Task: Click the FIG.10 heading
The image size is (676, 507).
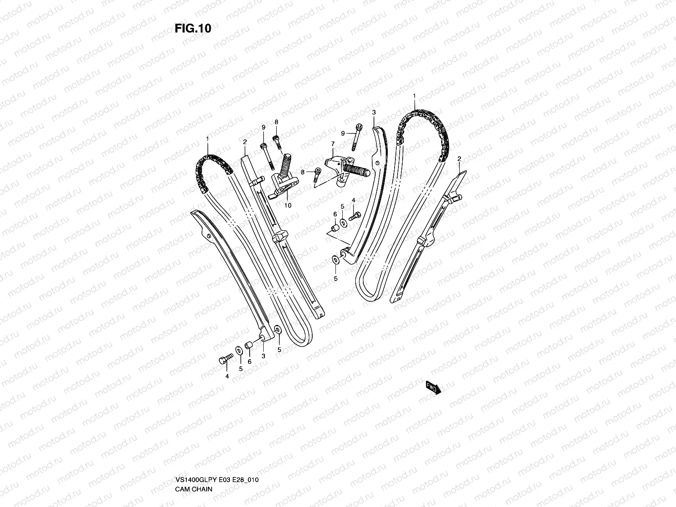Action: click(x=193, y=28)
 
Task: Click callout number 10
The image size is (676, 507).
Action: click(x=288, y=206)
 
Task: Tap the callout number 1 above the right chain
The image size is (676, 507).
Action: click(x=414, y=96)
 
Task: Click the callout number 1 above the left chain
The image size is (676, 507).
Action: click(x=207, y=139)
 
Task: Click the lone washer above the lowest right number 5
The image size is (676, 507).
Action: click(x=336, y=259)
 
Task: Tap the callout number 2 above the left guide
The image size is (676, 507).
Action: click(x=244, y=143)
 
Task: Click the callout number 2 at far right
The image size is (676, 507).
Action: click(x=459, y=159)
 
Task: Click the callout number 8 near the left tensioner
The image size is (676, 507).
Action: click(x=276, y=122)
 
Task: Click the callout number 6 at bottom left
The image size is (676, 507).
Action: click(x=249, y=362)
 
